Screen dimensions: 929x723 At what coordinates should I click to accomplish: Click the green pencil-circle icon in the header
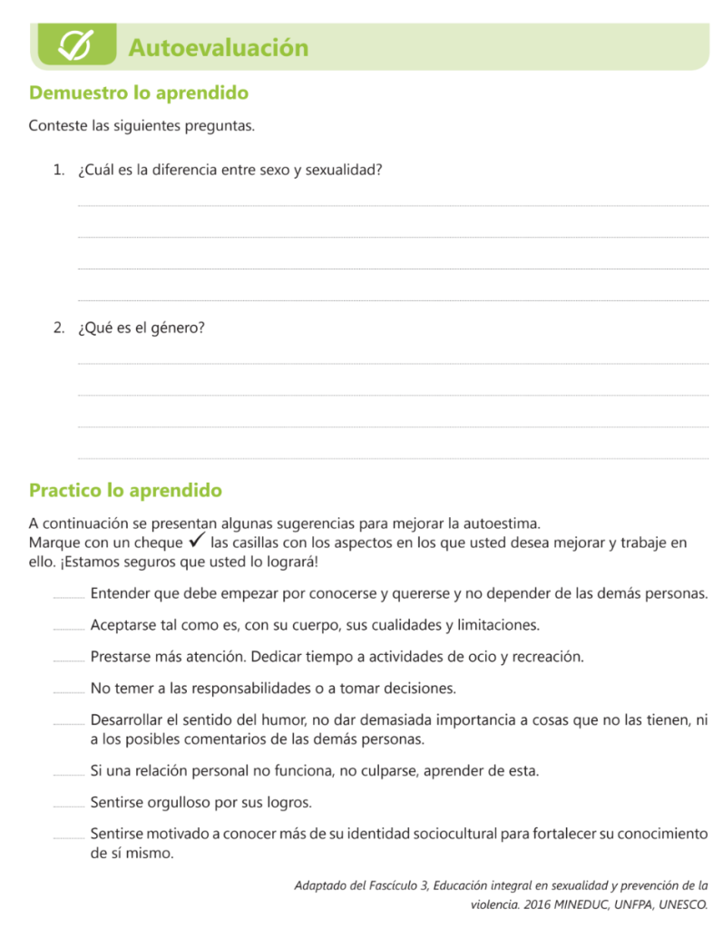pyautogui.click(x=73, y=46)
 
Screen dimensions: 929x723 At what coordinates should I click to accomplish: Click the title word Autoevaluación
pyautogui.click(x=218, y=47)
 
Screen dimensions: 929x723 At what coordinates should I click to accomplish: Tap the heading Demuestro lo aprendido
pyautogui.click(x=139, y=93)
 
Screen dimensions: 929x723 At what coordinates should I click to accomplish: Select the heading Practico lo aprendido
pyautogui.click(x=125, y=491)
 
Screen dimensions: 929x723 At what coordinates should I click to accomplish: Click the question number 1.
pyautogui.click(x=58, y=170)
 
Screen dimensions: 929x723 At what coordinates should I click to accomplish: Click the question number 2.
pyautogui.click(x=58, y=328)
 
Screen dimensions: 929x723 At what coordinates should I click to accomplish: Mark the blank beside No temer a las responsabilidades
pyautogui.click(x=68, y=691)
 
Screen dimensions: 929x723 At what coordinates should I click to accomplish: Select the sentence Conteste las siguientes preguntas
pyautogui.click(x=142, y=125)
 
